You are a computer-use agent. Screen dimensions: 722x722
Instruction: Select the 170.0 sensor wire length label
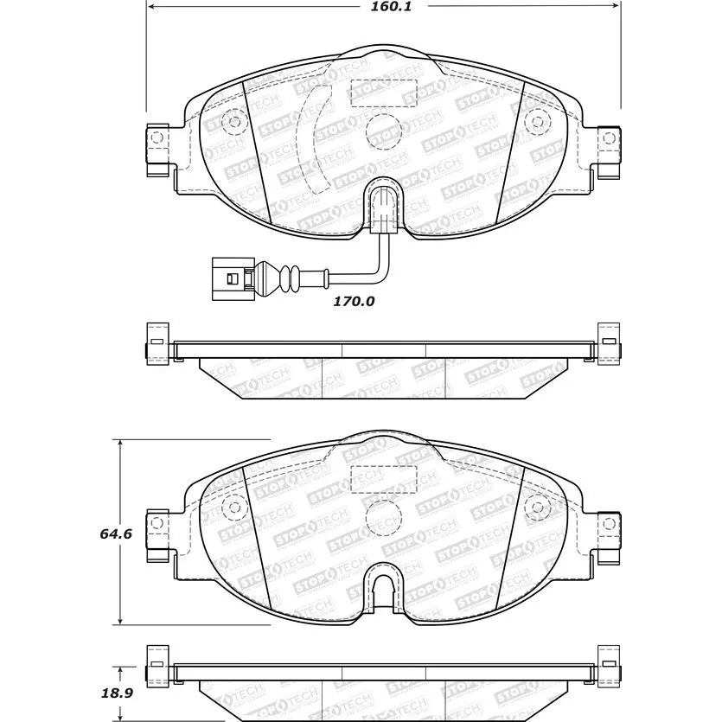tap(355, 302)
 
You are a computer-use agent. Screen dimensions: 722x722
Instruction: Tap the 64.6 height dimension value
tap(115, 534)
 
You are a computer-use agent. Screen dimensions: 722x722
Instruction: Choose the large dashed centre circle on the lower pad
tap(383, 519)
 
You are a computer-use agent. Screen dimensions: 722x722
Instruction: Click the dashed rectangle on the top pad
tap(384, 92)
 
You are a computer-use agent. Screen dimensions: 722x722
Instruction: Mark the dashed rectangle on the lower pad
tap(384, 476)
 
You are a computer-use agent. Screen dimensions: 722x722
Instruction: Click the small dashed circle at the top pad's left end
tap(233, 120)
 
